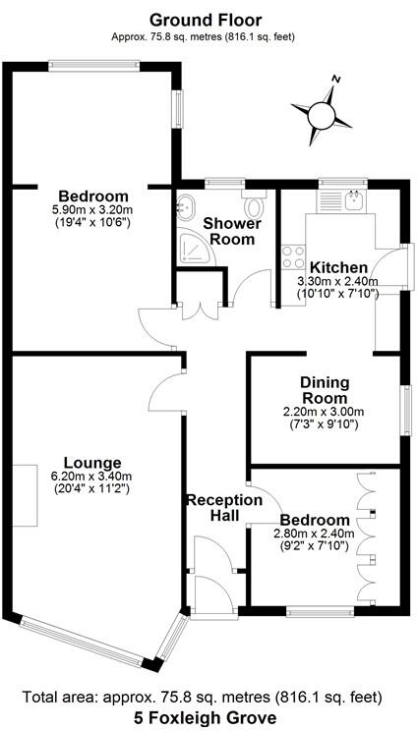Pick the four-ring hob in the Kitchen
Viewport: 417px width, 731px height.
coord(293,257)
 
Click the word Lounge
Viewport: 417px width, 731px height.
coord(91,463)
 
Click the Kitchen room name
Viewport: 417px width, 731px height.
coord(338,267)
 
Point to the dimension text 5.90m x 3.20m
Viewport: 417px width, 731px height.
coord(92,209)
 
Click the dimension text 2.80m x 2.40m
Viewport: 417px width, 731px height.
coord(313,534)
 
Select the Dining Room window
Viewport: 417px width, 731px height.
coord(403,410)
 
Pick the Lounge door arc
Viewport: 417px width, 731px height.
coord(162,398)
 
